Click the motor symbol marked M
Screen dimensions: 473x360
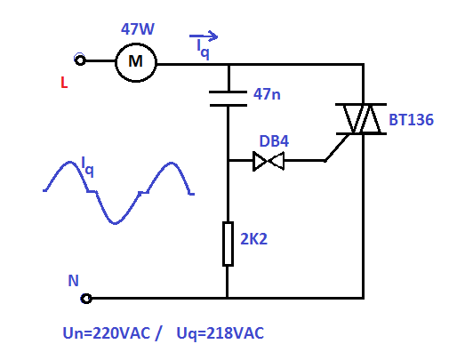(x=136, y=62)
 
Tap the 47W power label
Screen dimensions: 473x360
(x=138, y=29)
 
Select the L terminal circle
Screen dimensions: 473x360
(x=80, y=60)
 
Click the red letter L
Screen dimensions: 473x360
(x=64, y=83)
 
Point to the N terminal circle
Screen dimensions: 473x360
(x=86, y=299)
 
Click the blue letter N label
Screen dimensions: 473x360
(x=73, y=280)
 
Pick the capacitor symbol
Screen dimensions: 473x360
(x=228, y=99)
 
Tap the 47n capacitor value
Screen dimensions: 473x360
(x=267, y=94)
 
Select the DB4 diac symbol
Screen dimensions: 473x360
(x=269, y=161)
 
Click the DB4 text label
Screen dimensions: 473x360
(x=274, y=141)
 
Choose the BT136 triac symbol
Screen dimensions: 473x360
(x=361, y=119)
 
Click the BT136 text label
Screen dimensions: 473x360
(x=411, y=120)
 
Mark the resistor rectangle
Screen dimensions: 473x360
(x=228, y=244)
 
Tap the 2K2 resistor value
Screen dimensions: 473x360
(x=253, y=239)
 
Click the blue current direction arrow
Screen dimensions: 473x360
(x=204, y=36)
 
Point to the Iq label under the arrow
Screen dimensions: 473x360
(x=203, y=49)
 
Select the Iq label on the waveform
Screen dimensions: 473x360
(x=87, y=167)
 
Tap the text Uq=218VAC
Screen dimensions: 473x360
(x=220, y=333)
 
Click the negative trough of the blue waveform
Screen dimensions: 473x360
(x=115, y=223)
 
